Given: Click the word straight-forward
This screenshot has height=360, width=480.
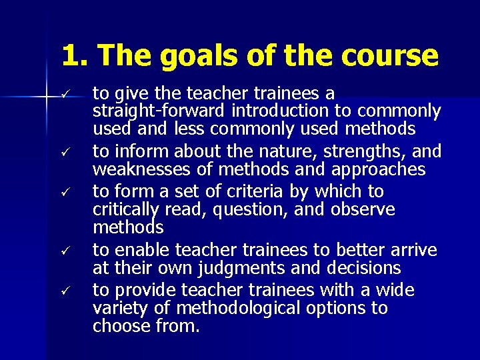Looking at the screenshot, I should [x=161, y=111].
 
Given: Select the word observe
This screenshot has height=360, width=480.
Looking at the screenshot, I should [x=363, y=210].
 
